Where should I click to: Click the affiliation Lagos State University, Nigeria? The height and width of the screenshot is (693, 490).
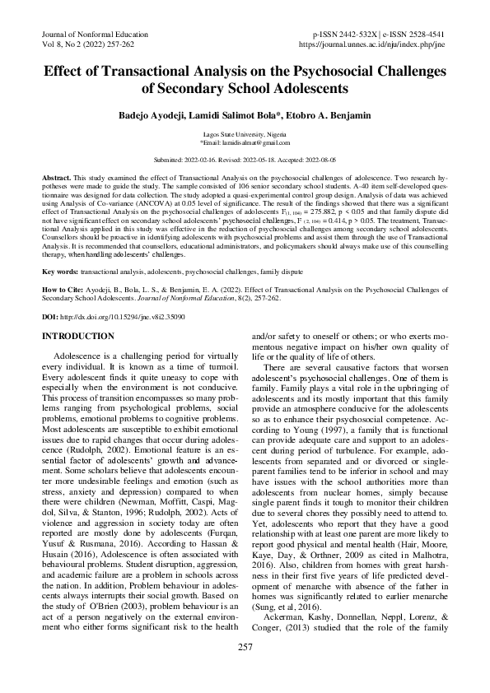(245, 133)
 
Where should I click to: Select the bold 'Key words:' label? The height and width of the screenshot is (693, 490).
(60, 270)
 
